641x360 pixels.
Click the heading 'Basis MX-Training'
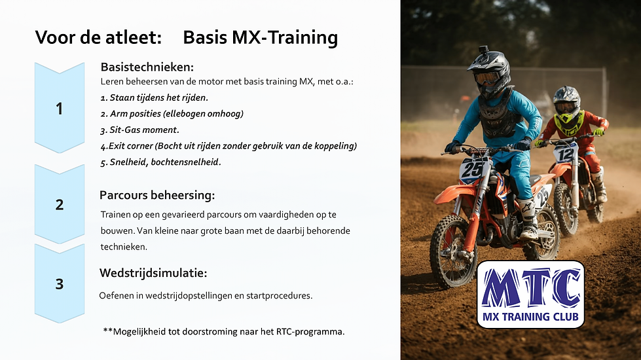(x=260, y=38)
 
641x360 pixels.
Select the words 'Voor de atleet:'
(x=98, y=38)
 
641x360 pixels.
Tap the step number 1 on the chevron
(x=60, y=109)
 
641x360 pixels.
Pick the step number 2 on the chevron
(x=60, y=204)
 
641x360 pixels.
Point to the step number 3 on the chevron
(x=60, y=283)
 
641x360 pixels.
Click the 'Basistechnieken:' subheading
(x=147, y=67)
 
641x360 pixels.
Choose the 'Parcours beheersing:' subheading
(x=157, y=195)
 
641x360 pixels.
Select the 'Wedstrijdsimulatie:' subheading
(x=153, y=273)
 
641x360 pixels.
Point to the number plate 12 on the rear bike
(x=564, y=153)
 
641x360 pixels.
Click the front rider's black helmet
(x=490, y=70)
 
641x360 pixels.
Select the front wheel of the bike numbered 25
(x=453, y=251)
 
